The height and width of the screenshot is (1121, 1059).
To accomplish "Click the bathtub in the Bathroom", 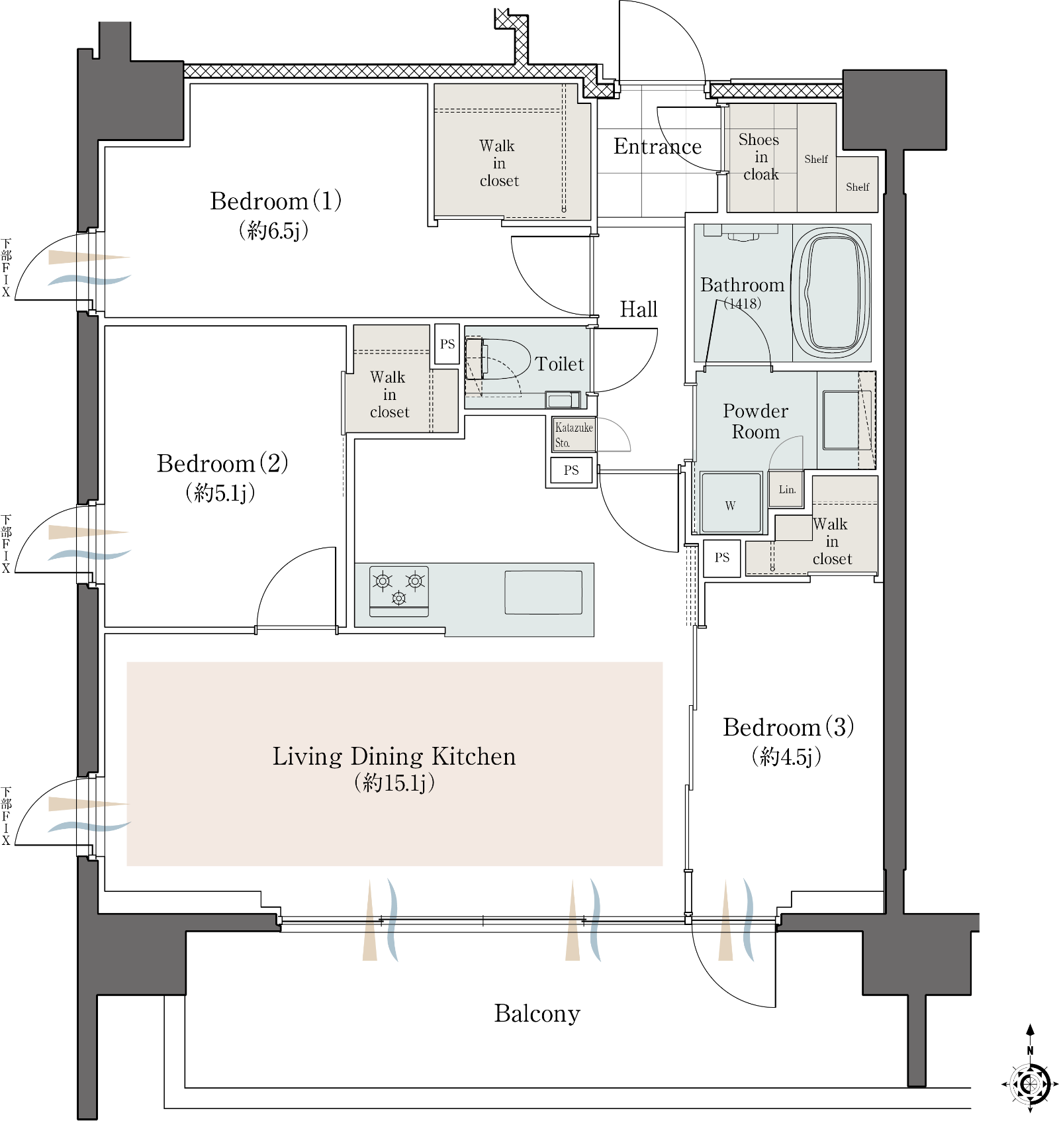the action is tap(831, 293).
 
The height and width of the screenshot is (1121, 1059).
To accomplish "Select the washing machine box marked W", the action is tap(731, 503).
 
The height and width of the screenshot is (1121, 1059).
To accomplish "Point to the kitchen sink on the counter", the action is tap(543, 592).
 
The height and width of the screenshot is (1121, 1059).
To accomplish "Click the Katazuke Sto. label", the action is tap(574, 434).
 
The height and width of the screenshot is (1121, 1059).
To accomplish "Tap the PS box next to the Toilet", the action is tap(447, 344).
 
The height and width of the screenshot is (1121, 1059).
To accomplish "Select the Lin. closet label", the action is tap(787, 489).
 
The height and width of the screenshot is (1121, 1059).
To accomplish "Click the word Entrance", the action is tap(657, 146).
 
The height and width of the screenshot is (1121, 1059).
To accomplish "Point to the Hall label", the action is tap(639, 309).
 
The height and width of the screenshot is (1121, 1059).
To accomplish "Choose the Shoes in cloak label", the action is tap(760, 157).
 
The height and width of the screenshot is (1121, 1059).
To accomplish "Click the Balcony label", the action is tap(537, 1013).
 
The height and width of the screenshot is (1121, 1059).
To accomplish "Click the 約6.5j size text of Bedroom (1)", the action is tap(274, 230).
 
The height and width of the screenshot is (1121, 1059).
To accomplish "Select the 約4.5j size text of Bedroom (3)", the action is tap(787, 756).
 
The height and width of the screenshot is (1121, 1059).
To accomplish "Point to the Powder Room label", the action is tap(755, 421).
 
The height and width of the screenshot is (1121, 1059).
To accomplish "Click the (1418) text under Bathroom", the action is tap(742, 303).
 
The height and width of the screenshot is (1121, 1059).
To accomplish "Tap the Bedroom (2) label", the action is tap(222, 463).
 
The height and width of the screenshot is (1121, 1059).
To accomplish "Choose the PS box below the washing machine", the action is tap(721, 558).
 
